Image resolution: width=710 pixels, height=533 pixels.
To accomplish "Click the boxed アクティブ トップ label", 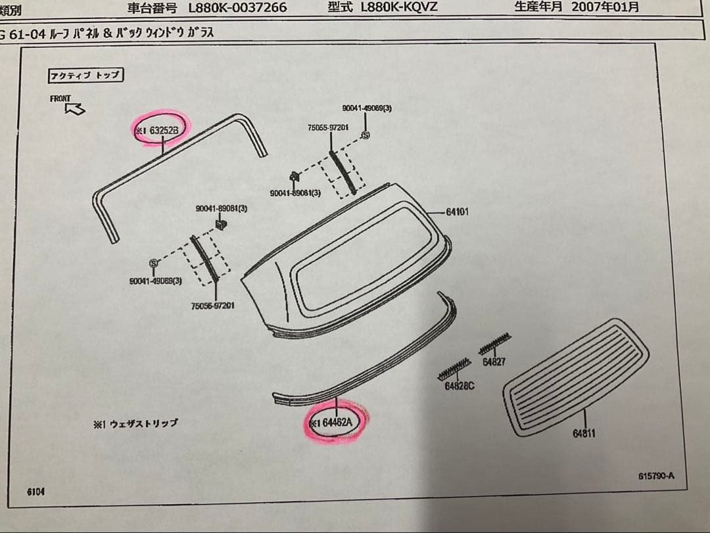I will (85, 75).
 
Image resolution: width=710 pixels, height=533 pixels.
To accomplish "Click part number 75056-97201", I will (212, 306).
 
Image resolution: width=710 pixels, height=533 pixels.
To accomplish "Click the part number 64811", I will (584, 434).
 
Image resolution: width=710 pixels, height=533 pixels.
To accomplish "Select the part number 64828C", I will (459, 386).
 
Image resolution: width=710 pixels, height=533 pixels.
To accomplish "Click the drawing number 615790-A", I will (655, 475).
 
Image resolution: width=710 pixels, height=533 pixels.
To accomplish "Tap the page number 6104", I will (36, 492).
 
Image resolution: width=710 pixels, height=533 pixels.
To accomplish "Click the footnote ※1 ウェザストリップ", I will (135, 425).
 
